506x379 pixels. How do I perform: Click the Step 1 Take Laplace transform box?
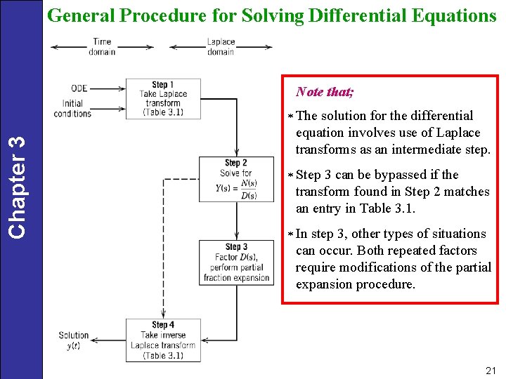163,98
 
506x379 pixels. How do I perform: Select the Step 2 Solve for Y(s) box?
237,180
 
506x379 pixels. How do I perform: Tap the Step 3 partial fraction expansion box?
237,262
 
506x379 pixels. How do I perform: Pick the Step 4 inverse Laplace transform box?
163,340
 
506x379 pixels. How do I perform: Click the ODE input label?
79,88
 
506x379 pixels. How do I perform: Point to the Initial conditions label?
72,108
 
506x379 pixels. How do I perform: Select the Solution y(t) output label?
74,340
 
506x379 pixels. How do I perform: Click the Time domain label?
102,46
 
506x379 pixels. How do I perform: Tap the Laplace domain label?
221,46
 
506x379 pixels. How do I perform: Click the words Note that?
325,92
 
